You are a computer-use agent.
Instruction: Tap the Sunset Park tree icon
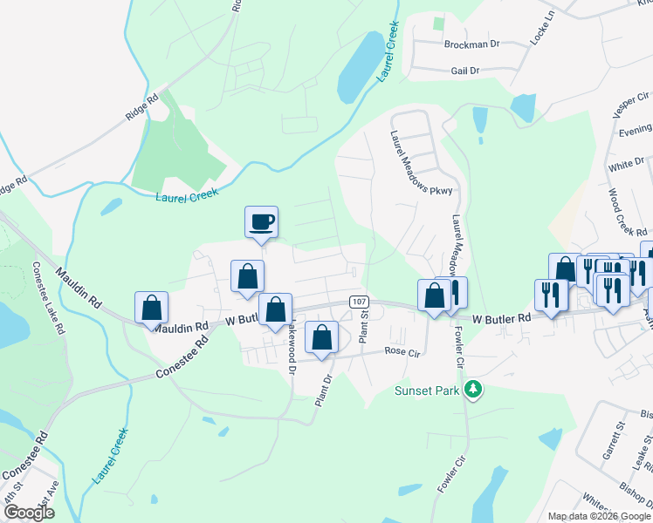[472, 390]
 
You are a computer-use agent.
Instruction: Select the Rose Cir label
[402, 352]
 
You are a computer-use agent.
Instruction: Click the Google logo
[29, 513]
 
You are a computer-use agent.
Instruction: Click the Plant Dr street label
[324, 384]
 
